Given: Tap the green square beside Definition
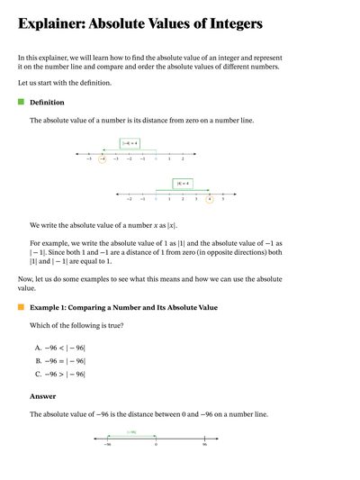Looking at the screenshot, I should tap(21, 102).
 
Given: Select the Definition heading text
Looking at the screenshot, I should tap(47, 103).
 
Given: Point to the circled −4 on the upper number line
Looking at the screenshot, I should tap(103, 158).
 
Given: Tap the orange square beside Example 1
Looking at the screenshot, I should tap(21, 308).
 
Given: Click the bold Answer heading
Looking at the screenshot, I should tap(42, 395).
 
